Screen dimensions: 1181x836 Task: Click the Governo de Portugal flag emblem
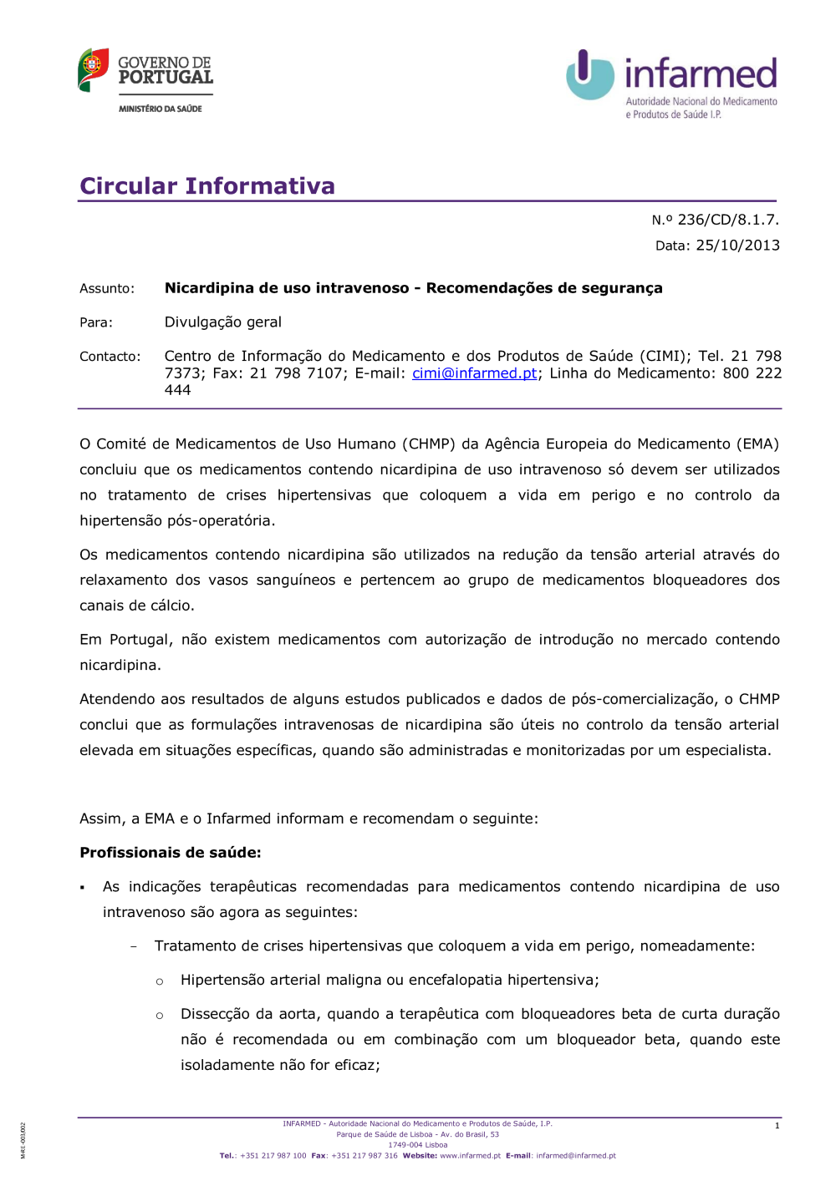(x=93, y=69)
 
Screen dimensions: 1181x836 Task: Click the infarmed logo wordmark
(x=701, y=73)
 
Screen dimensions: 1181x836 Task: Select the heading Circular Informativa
(x=206, y=185)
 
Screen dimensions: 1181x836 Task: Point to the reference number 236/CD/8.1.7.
(x=727, y=220)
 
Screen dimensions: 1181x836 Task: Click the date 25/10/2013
(x=737, y=246)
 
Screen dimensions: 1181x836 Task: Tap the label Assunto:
(x=106, y=289)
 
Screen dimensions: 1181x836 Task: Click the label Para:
(x=95, y=322)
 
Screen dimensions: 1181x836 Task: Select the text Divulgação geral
(x=222, y=322)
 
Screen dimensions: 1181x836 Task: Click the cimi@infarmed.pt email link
(x=474, y=373)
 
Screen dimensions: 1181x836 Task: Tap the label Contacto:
(x=110, y=357)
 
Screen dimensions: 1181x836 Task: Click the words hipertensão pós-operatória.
(x=176, y=520)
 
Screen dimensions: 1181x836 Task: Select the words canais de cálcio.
(x=138, y=606)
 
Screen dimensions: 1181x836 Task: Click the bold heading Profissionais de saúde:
(x=170, y=853)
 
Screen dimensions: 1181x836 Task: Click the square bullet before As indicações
(x=83, y=888)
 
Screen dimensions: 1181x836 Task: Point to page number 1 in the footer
(x=777, y=1126)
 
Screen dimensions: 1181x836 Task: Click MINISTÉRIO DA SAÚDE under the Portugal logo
(x=160, y=109)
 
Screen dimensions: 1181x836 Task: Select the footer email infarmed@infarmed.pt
(x=575, y=1156)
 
